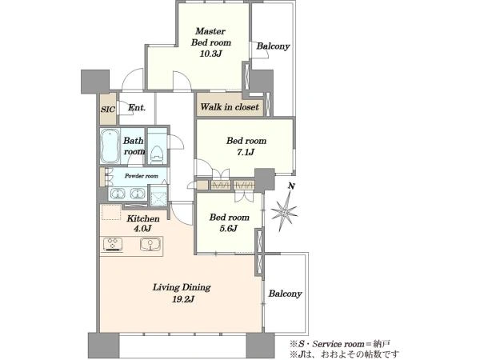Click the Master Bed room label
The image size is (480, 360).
pos(211,37)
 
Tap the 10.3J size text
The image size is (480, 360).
pos(211,54)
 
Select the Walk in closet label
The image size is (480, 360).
pos(230,107)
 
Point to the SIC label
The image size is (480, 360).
pos(108,110)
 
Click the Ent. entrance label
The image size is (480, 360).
pos(137,108)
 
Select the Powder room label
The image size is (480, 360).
pos(142,176)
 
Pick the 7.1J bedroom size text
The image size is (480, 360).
pos(246,152)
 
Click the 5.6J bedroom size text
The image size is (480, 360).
pos(228,228)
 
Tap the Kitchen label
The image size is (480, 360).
pos(143,218)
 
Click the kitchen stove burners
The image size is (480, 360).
pos(113,245)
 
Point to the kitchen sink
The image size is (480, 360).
pos(150,245)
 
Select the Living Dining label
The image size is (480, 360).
pos(182,287)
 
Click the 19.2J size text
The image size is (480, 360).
pos(182,299)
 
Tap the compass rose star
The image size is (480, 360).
pos(284,211)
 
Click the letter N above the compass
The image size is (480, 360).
pos(292,186)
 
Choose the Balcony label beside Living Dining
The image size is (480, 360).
pos(286,294)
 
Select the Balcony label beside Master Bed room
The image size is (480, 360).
pos(273,46)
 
